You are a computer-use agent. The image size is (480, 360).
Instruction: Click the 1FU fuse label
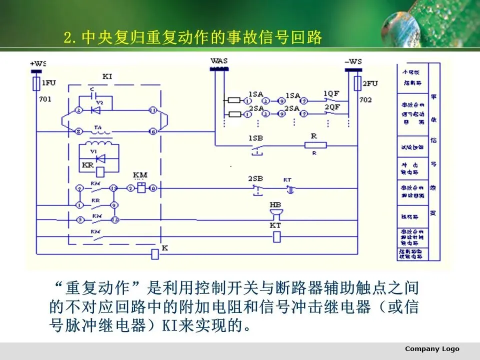tap(49, 82)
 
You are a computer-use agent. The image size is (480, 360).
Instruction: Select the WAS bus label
tap(219, 61)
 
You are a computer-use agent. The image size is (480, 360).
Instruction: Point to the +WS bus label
tap(38, 63)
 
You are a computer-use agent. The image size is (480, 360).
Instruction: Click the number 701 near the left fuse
tap(45, 99)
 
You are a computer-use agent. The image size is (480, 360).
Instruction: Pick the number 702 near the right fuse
tap(365, 99)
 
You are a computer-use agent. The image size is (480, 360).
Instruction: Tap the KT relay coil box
tap(275, 237)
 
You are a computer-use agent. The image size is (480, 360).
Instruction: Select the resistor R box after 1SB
tap(315, 145)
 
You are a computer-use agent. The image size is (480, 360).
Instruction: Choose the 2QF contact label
tap(331, 107)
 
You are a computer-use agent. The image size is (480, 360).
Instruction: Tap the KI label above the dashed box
tap(107, 76)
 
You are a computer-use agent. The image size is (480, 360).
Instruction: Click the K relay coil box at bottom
tap(155, 254)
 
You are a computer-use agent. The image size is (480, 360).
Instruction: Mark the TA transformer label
tap(98, 127)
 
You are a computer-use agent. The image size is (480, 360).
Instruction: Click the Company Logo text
tap(431, 348)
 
